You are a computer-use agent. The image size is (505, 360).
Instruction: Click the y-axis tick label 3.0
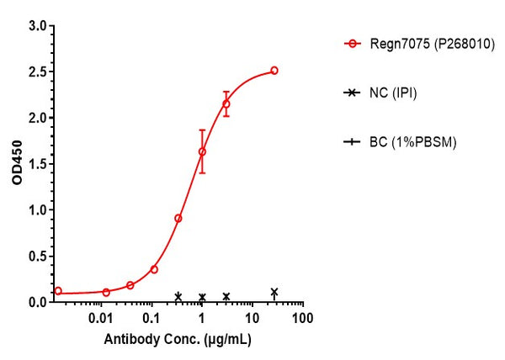(x=38, y=26)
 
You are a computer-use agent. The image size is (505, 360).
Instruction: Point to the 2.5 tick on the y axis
(x=38, y=72)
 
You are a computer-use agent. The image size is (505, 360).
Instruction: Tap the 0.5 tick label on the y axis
(x=38, y=256)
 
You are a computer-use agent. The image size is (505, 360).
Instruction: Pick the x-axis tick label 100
(x=302, y=320)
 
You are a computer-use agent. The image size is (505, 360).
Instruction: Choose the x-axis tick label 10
(x=252, y=320)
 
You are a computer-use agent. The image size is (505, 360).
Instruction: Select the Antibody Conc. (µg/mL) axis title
(x=178, y=341)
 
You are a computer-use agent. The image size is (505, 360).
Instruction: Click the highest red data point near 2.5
(x=274, y=71)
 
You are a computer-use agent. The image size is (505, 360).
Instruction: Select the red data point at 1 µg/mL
(x=202, y=152)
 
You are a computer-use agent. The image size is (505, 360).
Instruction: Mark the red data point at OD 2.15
(x=226, y=104)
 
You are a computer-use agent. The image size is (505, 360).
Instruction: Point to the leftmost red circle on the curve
(x=58, y=291)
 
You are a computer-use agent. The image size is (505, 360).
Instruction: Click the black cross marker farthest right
(x=274, y=293)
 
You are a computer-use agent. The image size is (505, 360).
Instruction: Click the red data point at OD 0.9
(x=178, y=218)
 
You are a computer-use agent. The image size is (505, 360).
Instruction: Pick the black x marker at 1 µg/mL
(x=202, y=297)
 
